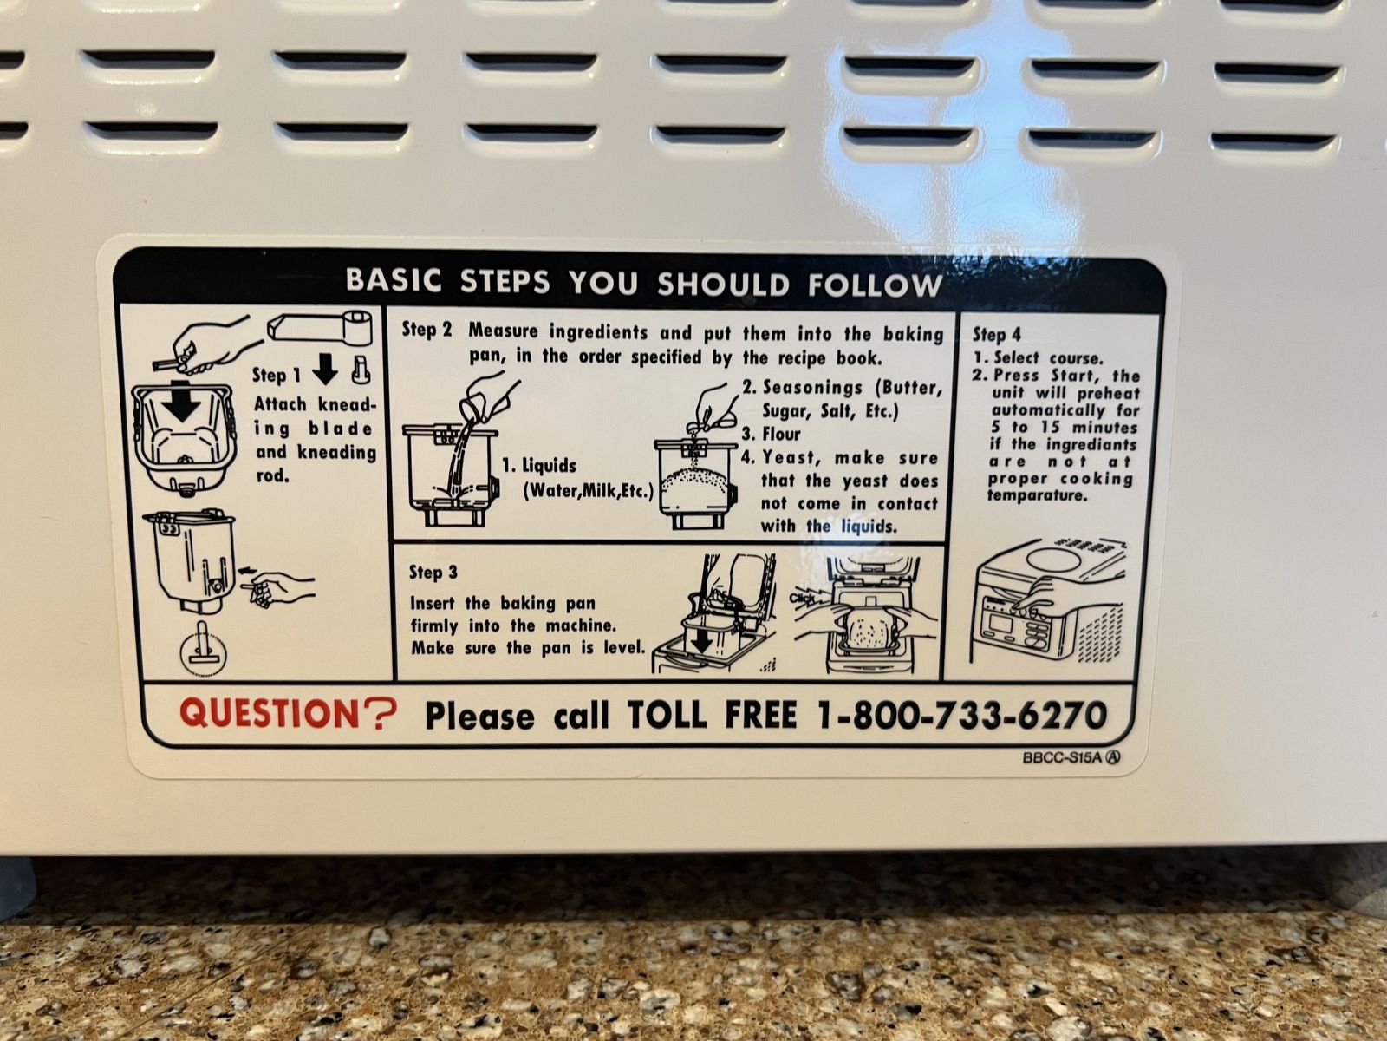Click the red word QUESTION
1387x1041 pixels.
click(x=270, y=712)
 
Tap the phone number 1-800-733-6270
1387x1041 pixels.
click(x=961, y=715)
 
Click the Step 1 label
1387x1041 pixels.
click(x=277, y=375)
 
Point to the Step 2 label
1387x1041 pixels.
click(x=427, y=330)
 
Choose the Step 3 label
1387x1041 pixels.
click(x=433, y=572)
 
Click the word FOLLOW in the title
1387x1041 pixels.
click(x=875, y=286)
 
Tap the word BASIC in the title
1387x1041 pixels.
click(x=393, y=280)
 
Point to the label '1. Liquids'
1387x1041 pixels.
click(x=539, y=466)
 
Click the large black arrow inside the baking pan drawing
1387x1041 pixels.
click(x=181, y=402)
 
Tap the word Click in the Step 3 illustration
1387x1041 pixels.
click(x=802, y=598)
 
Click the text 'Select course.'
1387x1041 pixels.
click(x=1048, y=358)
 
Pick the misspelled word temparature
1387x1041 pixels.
click(x=1037, y=495)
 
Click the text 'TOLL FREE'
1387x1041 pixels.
click(x=713, y=714)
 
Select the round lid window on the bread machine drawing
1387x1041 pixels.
click(x=1052, y=561)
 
